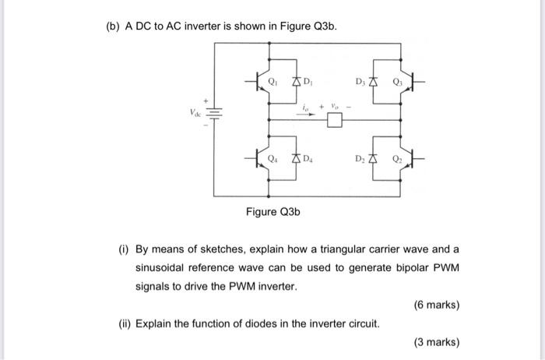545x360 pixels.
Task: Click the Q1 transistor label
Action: (272, 79)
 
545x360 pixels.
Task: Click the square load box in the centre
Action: (335, 120)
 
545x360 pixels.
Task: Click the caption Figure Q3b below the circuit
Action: (272, 211)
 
